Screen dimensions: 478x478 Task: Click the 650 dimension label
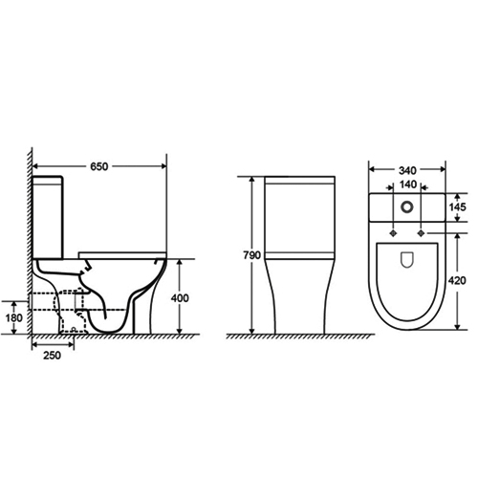(98, 166)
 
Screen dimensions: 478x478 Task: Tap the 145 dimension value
(459, 207)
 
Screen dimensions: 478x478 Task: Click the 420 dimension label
(459, 282)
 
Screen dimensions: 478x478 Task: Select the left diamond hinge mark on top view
(392, 229)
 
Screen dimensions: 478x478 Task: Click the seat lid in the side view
(119, 253)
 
